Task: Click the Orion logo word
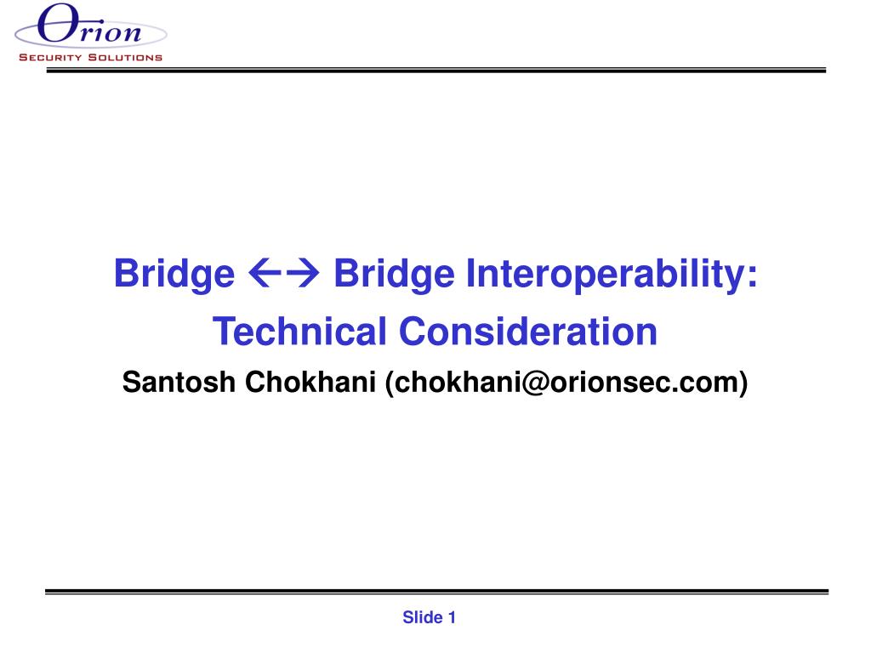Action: [x=89, y=24]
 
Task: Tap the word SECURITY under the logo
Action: [x=50, y=57]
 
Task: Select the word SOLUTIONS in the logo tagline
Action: [x=126, y=57]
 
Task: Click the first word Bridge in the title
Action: [x=174, y=275]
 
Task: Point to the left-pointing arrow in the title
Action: [x=265, y=274]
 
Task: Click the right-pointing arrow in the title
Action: [x=302, y=274]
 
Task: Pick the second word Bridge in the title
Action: [x=394, y=275]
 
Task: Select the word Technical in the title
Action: [x=299, y=332]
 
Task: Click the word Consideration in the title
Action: [x=528, y=332]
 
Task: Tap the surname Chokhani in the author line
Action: [x=310, y=383]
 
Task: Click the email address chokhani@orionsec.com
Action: [x=566, y=383]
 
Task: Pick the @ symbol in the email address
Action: [x=536, y=383]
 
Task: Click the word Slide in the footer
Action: [x=423, y=617]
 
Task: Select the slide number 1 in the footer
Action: [x=452, y=617]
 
